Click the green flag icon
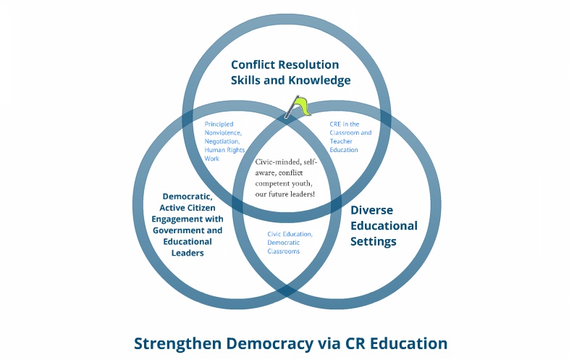point(298,107)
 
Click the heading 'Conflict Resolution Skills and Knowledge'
point(290,72)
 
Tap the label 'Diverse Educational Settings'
point(384,225)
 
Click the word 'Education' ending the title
point(409,343)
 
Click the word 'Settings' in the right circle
point(374,241)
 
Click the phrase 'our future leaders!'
point(286,194)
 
